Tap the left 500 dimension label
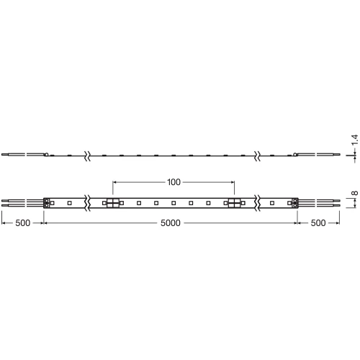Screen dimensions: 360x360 click(22, 223)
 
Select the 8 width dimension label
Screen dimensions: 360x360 click(354, 194)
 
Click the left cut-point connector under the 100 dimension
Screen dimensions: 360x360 click(113, 204)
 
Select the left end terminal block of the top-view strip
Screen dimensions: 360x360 click(48, 204)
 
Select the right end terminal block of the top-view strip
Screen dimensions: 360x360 click(295, 204)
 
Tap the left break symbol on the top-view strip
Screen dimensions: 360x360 click(88, 204)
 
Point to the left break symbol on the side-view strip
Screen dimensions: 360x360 click(88, 154)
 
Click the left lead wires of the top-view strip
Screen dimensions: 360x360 click(22, 204)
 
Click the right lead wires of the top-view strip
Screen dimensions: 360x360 click(320, 204)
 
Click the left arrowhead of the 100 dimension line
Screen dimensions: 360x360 click(116, 183)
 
